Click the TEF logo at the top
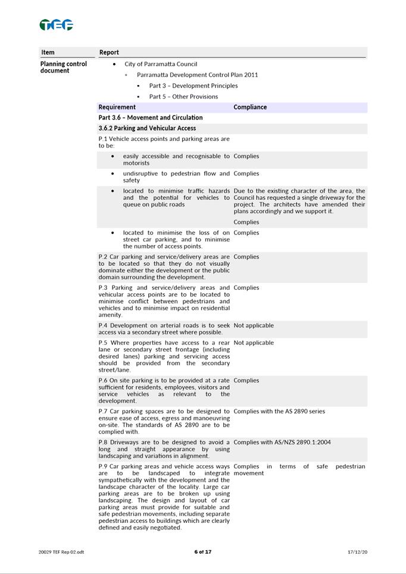pos(56,25)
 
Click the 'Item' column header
pos(48,52)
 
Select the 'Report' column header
pos(109,52)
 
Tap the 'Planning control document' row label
pos(63,67)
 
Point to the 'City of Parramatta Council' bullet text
pos(161,64)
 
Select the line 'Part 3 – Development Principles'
pos(193,86)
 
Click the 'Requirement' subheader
pos(117,107)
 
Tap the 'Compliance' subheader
pos(250,107)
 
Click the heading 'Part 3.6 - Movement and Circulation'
pos(151,118)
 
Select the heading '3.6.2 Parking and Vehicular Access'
pos(147,128)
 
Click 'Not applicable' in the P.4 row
pos(254,326)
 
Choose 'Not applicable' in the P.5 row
pos(254,343)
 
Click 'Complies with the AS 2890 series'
pos(279,411)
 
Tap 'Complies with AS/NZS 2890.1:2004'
pos(282,442)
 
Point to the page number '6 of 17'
pos(202,552)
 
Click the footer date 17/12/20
pos(357,552)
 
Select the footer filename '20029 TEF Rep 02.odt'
pos(61,552)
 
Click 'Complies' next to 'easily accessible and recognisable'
pos(246,156)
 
